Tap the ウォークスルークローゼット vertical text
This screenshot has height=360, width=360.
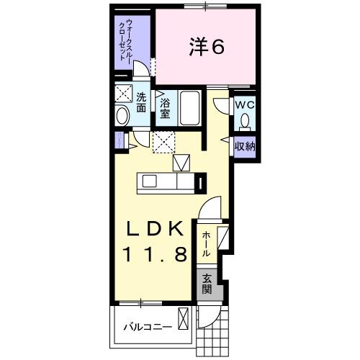[x=134, y=43]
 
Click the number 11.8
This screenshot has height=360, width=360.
[x=158, y=253]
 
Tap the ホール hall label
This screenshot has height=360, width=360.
[x=207, y=244]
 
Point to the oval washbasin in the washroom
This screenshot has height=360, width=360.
[x=122, y=114]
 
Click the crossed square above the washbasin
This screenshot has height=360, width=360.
[x=122, y=94]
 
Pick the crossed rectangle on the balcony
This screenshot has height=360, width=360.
[x=184, y=318]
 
